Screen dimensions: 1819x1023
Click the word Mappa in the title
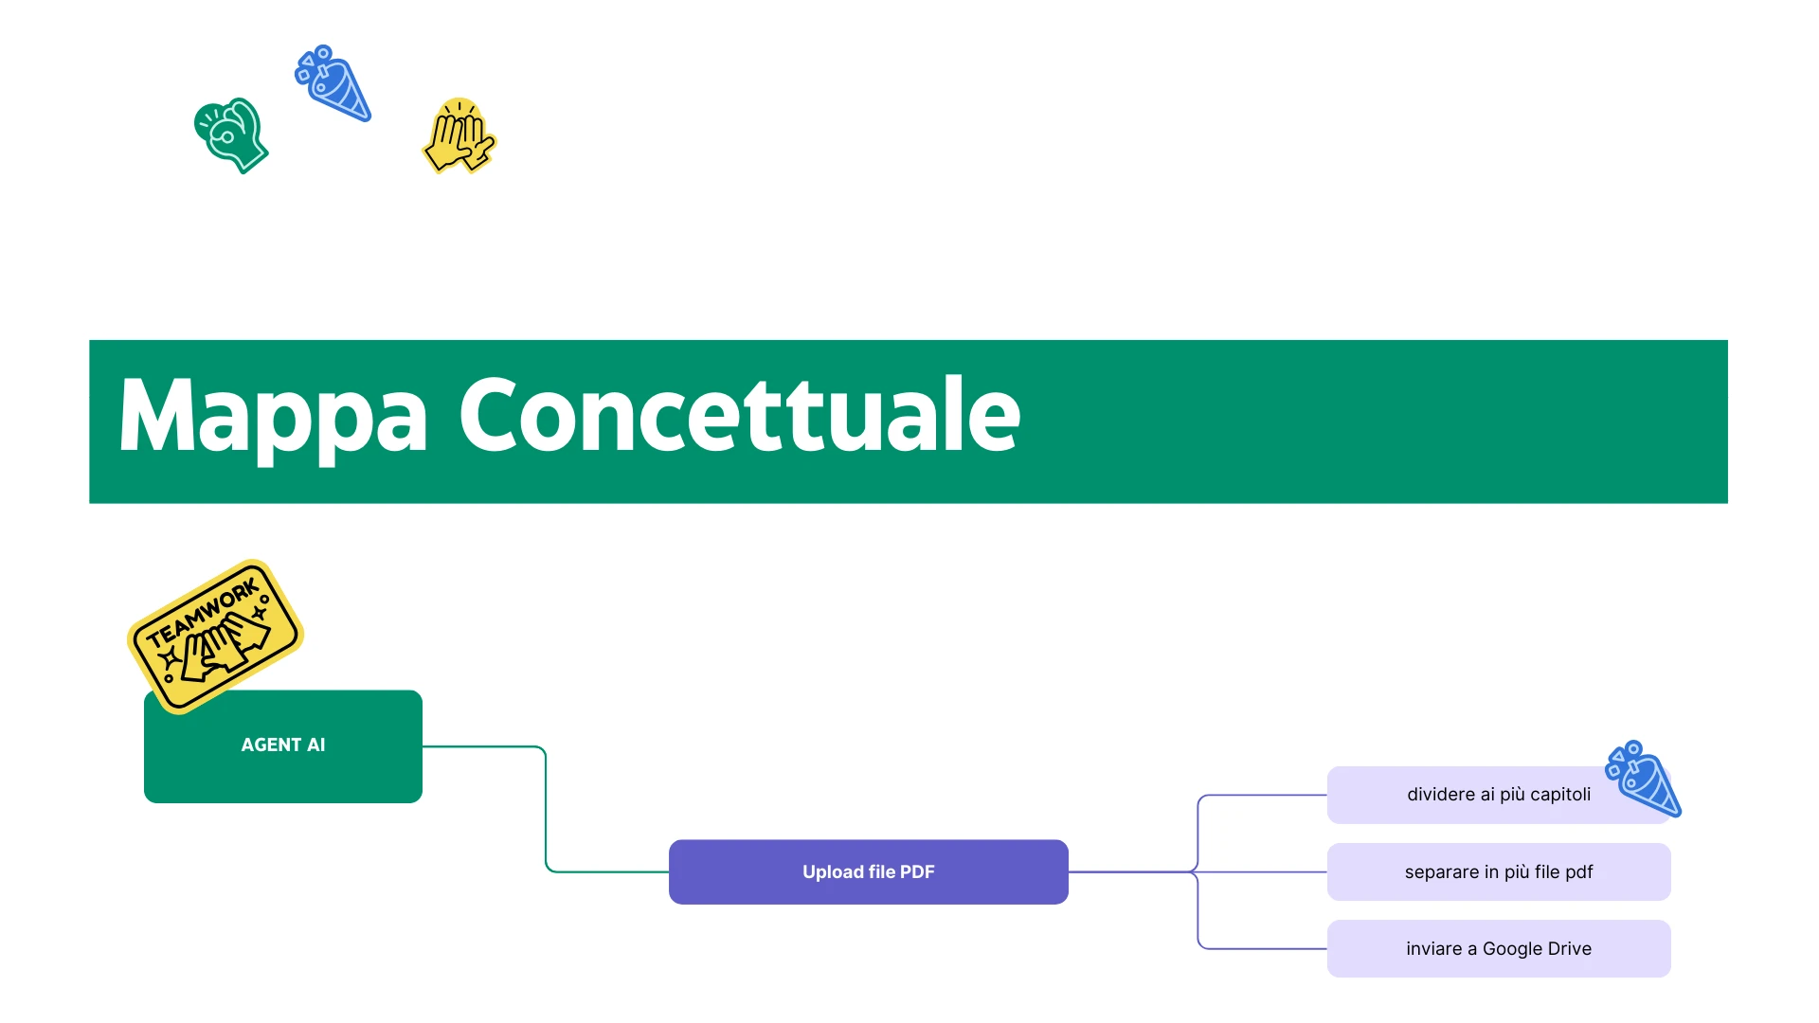tap(273, 417)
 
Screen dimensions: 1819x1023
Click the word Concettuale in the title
tap(740, 414)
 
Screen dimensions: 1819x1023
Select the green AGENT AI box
tap(283, 746)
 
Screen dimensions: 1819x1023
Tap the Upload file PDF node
tap(869, 871)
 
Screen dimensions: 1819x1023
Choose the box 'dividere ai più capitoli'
tap(1499, 795)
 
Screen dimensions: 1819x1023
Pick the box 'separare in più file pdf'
tap(1499, 871)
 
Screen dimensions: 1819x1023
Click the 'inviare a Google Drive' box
tap(1499, 948)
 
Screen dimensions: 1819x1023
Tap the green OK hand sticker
tap(231, 135)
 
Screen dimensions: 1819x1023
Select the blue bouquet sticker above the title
tap(333, 83)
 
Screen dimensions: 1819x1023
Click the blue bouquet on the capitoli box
tap(1644, 779)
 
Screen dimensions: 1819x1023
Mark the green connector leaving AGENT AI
tap(546, 809)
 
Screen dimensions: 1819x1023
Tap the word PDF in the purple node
tap(917, 871)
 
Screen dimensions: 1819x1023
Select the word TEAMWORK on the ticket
tap(203, 614)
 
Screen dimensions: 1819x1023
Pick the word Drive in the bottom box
tap(1570, 948)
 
